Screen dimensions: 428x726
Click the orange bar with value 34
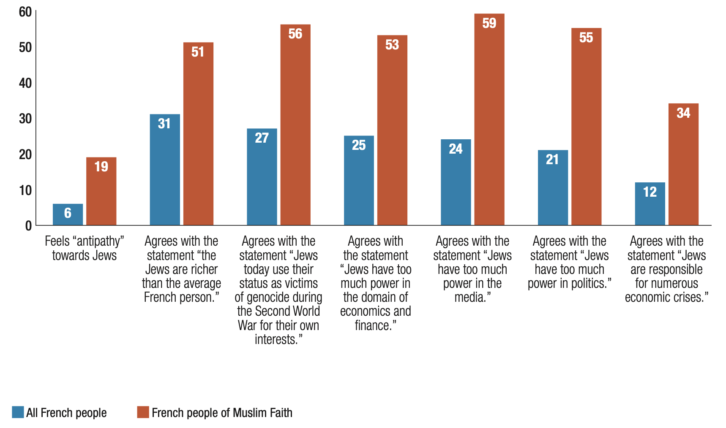click(683, 164)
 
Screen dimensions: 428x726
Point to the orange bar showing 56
click(295, 125)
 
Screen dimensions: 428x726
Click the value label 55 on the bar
click(586, 38)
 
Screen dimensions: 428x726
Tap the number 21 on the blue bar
click(552, 160)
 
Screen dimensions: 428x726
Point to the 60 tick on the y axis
click(25, 12)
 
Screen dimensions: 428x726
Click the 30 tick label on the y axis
click(25, 119)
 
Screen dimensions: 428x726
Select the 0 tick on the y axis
click(28, 226)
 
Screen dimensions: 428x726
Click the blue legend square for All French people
click(18, 412)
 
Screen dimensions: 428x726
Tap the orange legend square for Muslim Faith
click(143, 412)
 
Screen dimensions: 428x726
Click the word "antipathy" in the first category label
click(98, 241)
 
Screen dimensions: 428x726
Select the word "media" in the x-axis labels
click(470, 297)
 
